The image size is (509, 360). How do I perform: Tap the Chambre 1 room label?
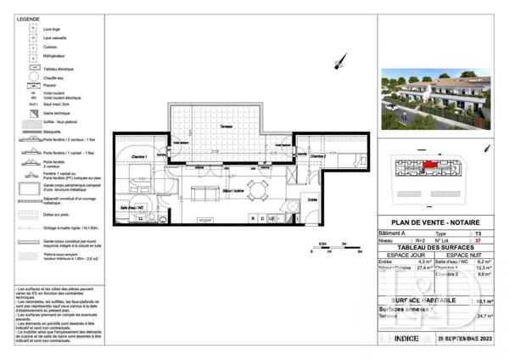coord(140,156)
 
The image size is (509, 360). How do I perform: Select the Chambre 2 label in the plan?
coord(313,157)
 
